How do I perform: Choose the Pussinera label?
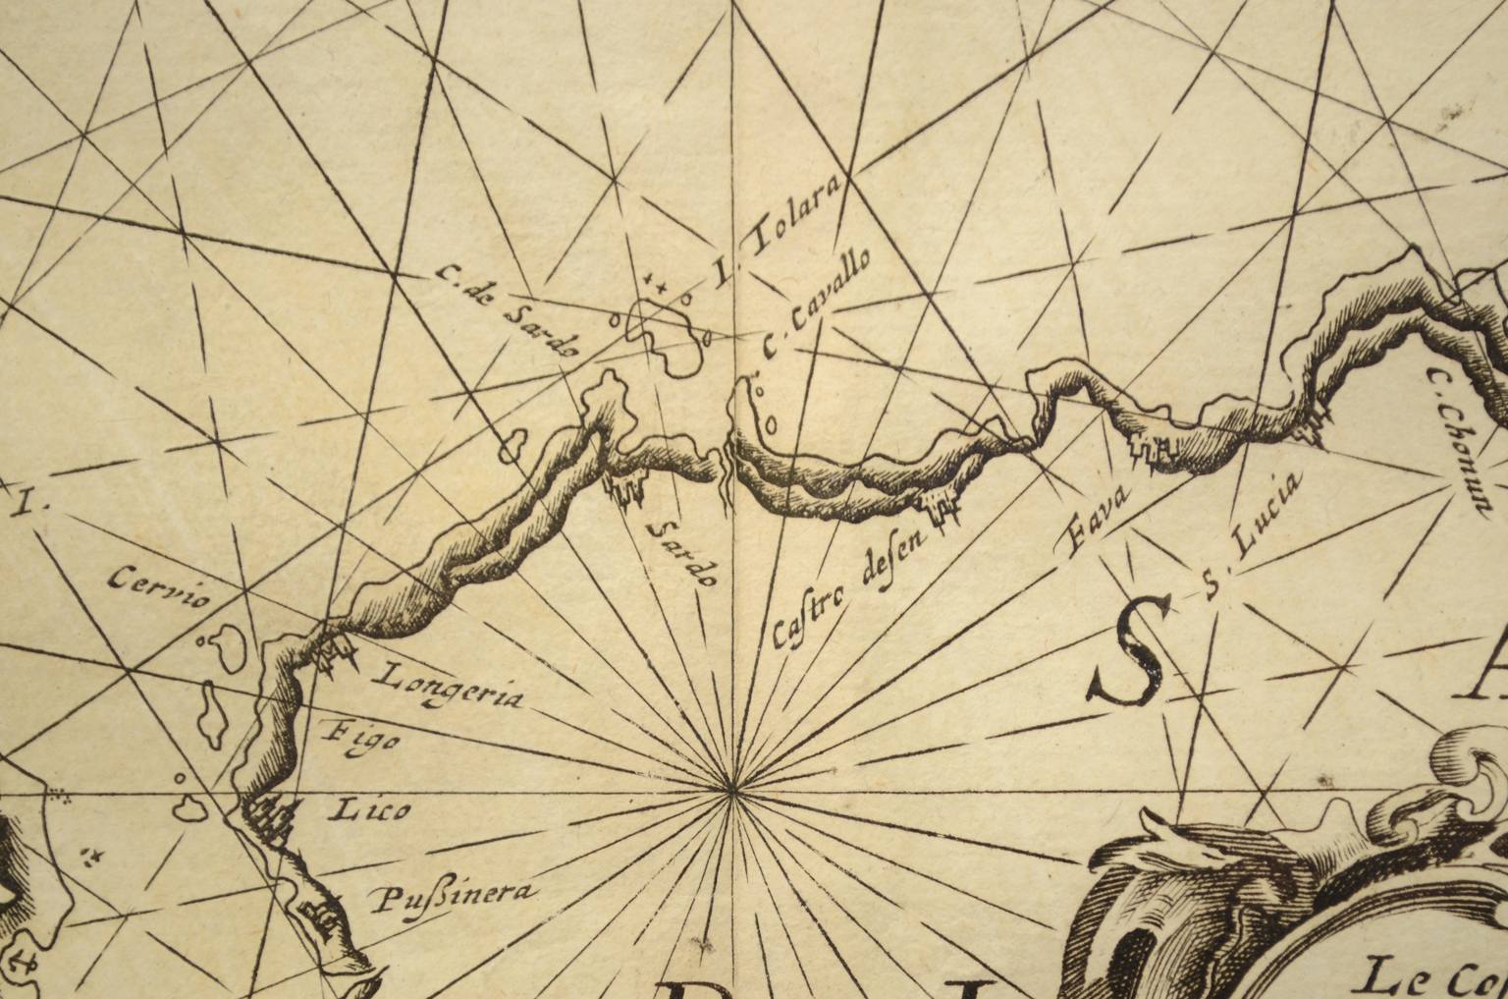coord(451,896)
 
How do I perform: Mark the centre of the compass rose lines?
coord(731,790)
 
